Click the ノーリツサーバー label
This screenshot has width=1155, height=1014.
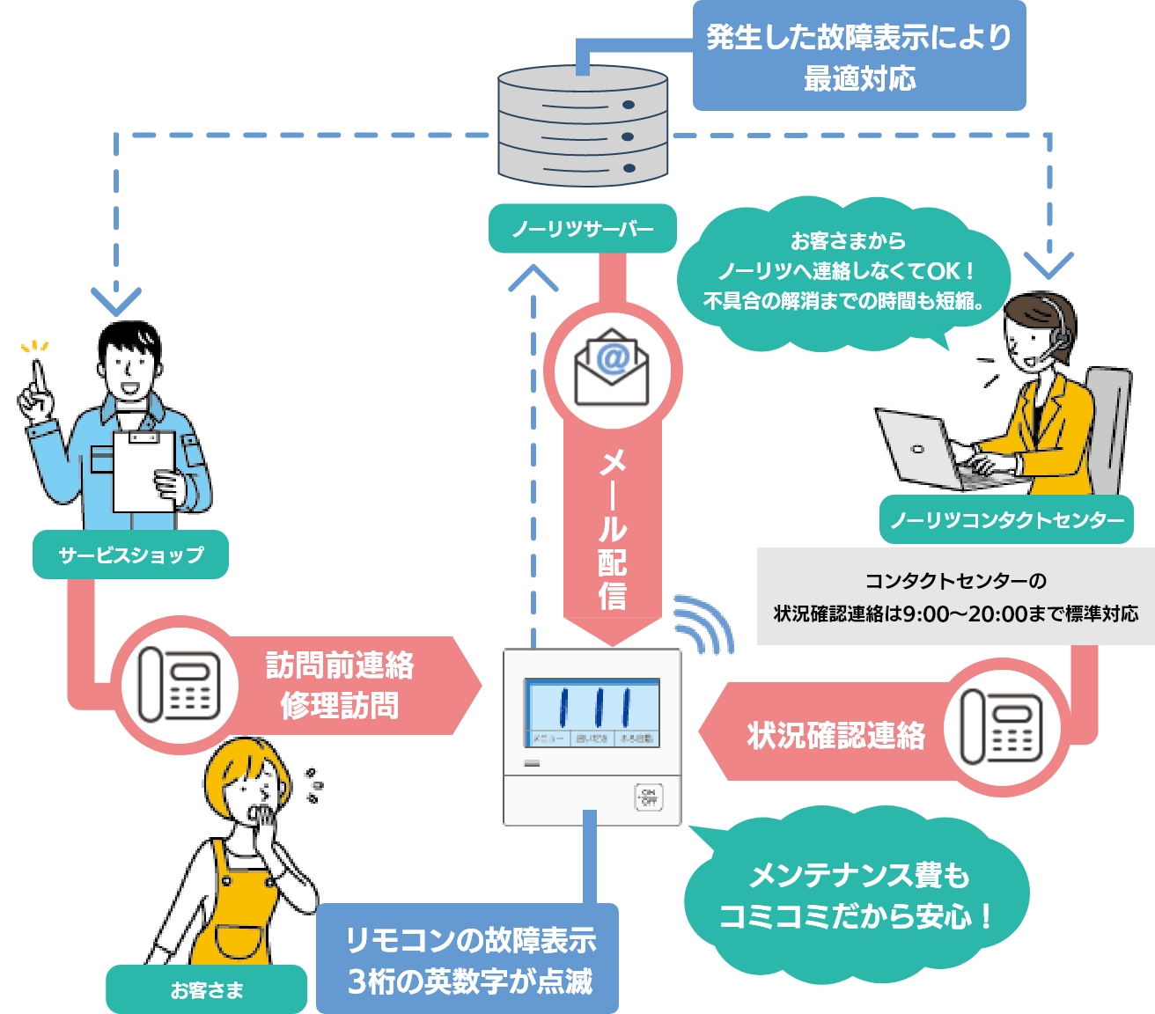[582, 229]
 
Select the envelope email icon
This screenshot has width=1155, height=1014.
[612, 368]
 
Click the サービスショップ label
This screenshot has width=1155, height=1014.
[130, 555]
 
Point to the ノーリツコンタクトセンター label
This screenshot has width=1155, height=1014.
[1006, 519]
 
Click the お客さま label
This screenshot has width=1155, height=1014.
[206, 990]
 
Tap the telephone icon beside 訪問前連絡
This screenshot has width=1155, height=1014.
[179, 685]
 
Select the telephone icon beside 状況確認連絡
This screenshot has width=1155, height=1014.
[1001, 727]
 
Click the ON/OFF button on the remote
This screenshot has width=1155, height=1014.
[648, 797]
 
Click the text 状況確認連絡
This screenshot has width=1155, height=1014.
[835, 735]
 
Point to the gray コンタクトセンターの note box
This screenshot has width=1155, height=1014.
[955, 597]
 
